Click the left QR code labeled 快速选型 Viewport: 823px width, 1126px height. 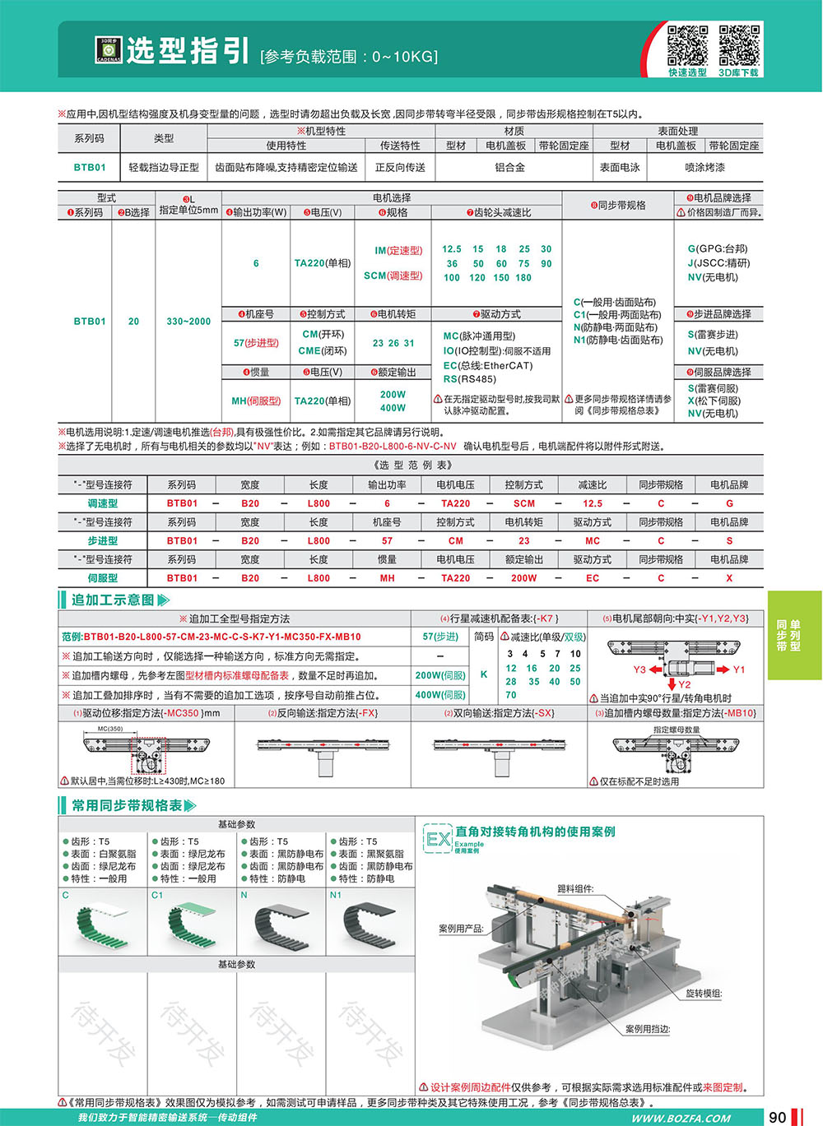point(687,45)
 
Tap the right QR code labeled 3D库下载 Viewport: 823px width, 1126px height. point(739,45)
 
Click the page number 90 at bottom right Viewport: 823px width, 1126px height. point(777,1116)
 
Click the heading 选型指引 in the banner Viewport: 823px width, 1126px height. point(188,51)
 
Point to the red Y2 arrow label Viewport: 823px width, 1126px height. point(684,684)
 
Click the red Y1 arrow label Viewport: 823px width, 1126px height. point(738,670)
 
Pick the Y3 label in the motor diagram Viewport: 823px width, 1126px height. point(639,670)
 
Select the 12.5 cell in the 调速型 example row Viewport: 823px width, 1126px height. point(593,503)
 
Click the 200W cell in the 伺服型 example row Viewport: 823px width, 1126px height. point(524,578)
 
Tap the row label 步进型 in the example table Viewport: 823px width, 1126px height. point(103,541)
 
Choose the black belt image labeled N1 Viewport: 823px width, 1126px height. point(370,924)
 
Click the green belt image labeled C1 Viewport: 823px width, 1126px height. point(192,924)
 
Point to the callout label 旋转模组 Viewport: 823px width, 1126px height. point(704,994)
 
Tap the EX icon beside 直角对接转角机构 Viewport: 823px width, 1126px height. point(438,839)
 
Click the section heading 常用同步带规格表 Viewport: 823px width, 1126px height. point(127,805)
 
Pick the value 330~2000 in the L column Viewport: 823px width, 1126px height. point(188,322)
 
